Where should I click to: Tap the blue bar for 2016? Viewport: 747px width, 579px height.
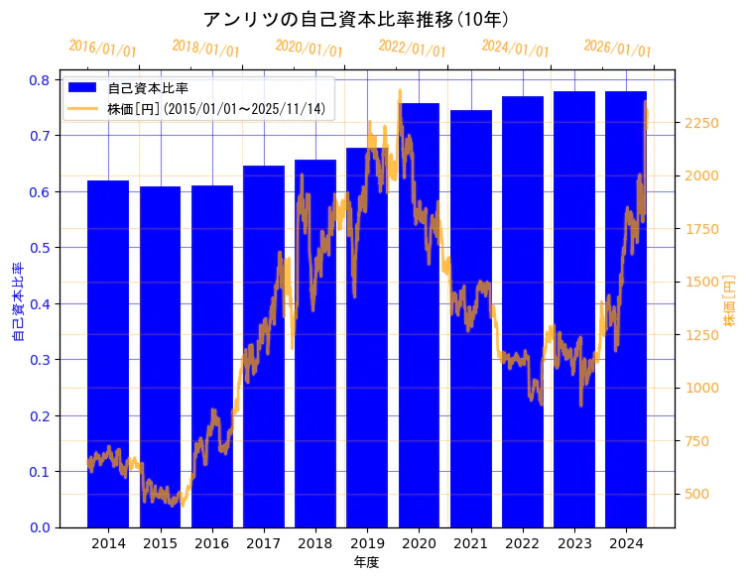coord(211,356)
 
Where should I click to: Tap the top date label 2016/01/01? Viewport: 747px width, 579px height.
coord(102,49)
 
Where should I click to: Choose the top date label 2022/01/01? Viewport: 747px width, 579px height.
coord(412,49)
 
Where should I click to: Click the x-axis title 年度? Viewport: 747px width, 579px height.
coord(366,562)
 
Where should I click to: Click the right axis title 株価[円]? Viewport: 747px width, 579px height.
coord(729,302)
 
